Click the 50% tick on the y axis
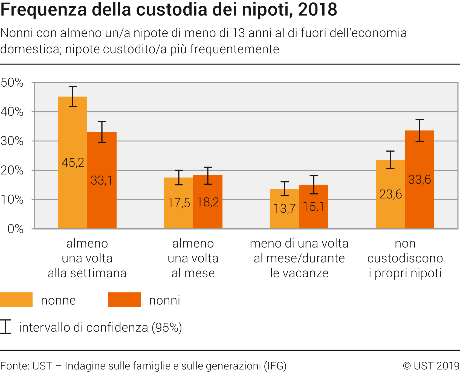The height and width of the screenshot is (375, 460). pyautogui.click(x=12, y=83)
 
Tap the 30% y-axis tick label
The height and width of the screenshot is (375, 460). pyautogui.click(x=12, y=141)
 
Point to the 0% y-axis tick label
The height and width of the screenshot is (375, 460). pyautogui.click(x=15, y=229)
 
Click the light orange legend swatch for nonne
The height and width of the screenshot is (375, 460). pyautogui.click(x=16, y=300)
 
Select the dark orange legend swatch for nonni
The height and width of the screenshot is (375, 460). pyautogui.click(x=125, y=300)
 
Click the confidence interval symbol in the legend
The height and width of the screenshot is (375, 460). pyautogui.click(x=5, y=327)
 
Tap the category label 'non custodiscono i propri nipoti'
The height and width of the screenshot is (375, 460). pyautogui.click(x=405, y=258)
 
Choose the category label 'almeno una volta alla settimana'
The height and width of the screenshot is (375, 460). pyautogui.click(x=87, y=258)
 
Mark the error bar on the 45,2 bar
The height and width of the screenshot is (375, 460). pyautogui.click(x=73, y=96)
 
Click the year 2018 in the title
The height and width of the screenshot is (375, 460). pyautogui.click(x=317, y=9)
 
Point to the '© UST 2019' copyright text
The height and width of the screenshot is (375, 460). pyautogui.click(x=431, y=366)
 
